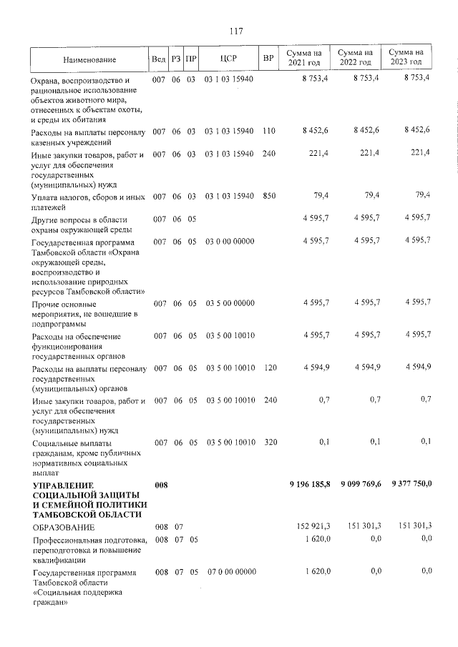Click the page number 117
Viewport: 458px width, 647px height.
[236, 31]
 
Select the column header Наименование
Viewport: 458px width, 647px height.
[89, 59]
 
